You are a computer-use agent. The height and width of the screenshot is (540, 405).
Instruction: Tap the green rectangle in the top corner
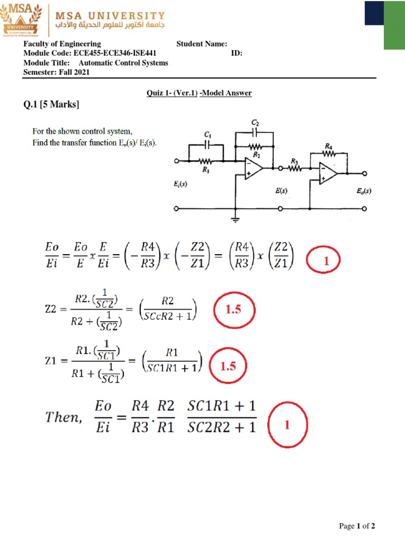[x=394, y=25]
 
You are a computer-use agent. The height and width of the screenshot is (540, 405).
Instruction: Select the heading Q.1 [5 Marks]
[x=51, y=105]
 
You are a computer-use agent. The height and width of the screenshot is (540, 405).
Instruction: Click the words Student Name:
[x=201, y=44]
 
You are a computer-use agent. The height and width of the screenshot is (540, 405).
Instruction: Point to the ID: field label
[x=236, y=53]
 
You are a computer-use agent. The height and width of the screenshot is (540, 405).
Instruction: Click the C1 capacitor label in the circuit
[x=207, y=135]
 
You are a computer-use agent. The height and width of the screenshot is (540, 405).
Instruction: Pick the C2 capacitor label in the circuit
[x=255, y=122]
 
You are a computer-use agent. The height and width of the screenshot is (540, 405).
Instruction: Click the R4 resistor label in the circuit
[x=329, y=146]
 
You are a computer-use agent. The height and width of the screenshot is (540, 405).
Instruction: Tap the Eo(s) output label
[x=363, y=191]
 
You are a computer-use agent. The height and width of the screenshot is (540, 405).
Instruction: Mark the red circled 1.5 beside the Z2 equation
[x=233, y=311]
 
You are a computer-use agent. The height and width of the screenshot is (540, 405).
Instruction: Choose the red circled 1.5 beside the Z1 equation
[x=228, y=366]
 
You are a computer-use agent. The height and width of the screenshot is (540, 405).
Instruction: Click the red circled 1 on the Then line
[x=287, y=425]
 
